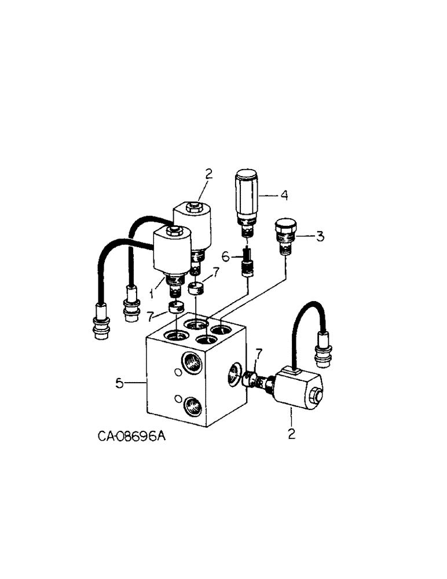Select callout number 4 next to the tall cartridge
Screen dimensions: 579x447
pos(283,196)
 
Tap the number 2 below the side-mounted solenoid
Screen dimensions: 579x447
pos(291,433)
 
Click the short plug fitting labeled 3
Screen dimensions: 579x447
pos(284,234)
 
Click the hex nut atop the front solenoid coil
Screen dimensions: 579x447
pos(172,233)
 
